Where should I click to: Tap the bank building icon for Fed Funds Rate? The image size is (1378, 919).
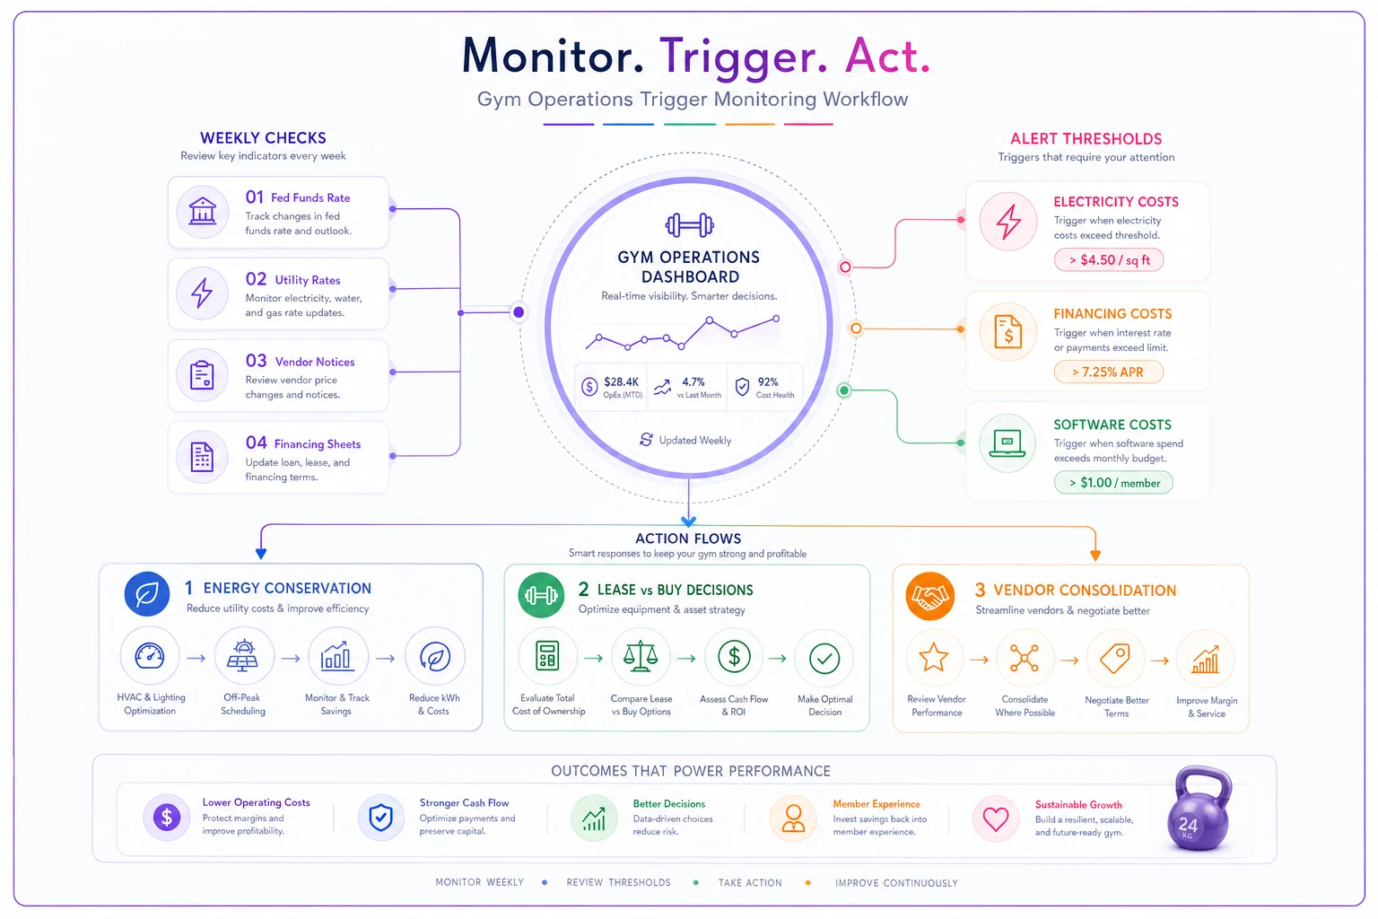point(203,211)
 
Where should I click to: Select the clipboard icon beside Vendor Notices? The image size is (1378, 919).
point(202,375)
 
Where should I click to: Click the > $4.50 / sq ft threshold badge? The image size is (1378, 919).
point(1109,259)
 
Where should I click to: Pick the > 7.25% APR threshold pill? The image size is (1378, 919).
point(1108,372)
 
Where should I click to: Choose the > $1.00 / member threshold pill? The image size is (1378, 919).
point(1113,483)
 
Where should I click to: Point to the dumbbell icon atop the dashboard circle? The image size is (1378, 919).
point(689,225)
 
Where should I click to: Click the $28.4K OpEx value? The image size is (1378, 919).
point(622,381)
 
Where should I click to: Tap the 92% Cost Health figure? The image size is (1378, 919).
point(768,381)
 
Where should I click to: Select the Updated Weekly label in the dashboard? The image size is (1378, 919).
point(694,440)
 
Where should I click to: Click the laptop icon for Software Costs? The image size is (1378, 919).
point(1007,443)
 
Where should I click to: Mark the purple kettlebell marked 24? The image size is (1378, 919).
point(1199,809)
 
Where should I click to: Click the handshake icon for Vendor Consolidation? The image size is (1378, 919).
point(929,596)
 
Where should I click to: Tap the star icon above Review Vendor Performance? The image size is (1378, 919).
point(933,657)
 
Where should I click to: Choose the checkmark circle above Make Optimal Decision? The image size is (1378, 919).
point(824,659)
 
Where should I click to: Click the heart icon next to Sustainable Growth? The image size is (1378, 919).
point(995,818)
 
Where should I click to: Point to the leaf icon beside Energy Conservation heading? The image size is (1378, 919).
point(147,594)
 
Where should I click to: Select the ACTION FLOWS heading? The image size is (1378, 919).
point(688,538)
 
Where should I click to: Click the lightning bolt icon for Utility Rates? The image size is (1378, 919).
point(202,293)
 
